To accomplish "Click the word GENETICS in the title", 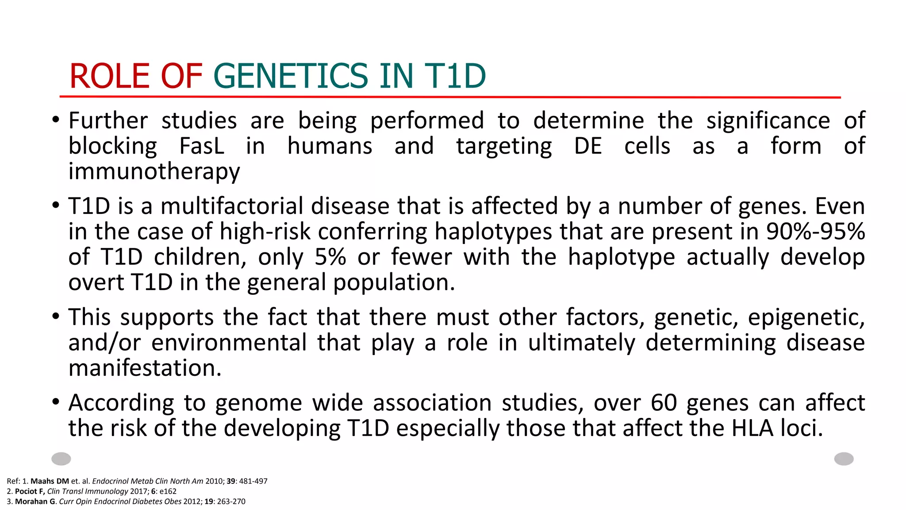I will (x=291, y=76).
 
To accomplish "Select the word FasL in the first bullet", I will (x=202, y=146).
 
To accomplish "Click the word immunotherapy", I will (x=154, y=172).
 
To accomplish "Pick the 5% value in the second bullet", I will (x=330, y=257).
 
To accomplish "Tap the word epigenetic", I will (x=806, y=317).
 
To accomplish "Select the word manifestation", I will (x=145, y=368).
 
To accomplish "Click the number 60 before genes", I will (x=664, y=403).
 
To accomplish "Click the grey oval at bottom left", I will (x=61, y=459).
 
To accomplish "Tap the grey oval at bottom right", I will (x=844, y=459).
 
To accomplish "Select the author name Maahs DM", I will (x=50, y=481).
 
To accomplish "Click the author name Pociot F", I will (x=30, y=491).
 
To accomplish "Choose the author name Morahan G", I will (x=35, y=502).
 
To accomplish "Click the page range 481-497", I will (x=253, y=481).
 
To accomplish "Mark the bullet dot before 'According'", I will (x=55, y=402).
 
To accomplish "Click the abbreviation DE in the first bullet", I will (x=588, y=146).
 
